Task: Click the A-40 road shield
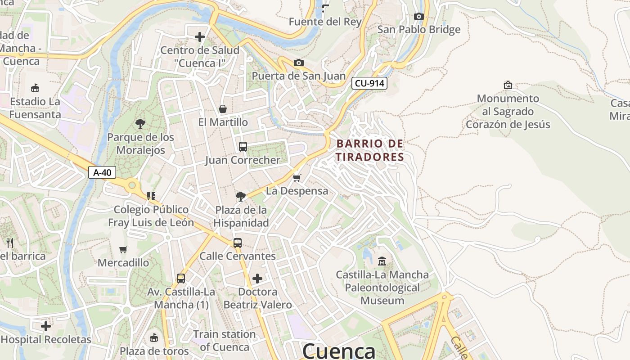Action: [102, 172]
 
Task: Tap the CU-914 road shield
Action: [369, 83]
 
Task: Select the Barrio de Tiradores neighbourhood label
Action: [370, 150]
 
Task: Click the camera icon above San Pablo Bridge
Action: [418, 17]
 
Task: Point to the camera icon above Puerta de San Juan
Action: [298, 63]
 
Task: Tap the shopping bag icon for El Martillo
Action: [222, 109]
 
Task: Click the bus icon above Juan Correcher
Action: [243, 146]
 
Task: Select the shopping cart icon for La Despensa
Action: [297, 178]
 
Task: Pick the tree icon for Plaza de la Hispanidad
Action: [240, 196]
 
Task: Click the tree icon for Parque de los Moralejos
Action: [140, 124]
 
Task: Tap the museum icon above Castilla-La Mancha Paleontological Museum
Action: [382, 261]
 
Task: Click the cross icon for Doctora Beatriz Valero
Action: [257, 279]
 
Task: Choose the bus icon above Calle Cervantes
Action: [237, 243]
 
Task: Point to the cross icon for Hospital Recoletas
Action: [46, 326]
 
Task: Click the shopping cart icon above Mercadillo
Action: [123, 249]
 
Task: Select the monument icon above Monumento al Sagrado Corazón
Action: [508, 85]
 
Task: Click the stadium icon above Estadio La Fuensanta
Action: [35, 88]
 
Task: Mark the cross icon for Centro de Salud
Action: [200, 36]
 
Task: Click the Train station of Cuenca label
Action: [224, 341]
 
